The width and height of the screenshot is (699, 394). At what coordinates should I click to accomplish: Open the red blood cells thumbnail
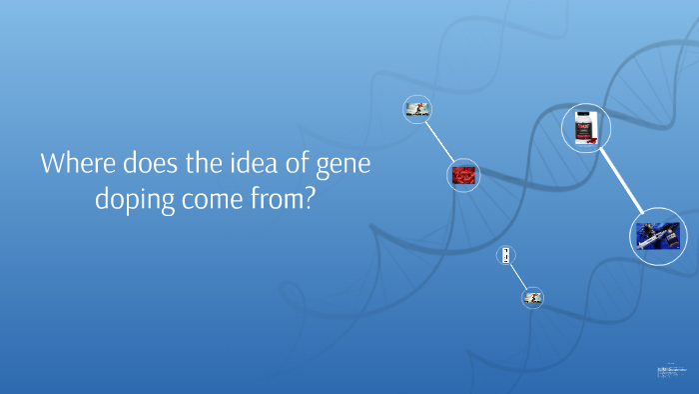point(461,175)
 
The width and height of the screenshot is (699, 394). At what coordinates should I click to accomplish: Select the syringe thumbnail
point(658,236)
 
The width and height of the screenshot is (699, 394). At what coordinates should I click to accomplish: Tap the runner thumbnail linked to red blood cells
point(416,109)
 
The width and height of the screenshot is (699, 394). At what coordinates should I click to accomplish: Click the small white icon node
point(507,256)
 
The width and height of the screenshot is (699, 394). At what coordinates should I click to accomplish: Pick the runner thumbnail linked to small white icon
point(532,296)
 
